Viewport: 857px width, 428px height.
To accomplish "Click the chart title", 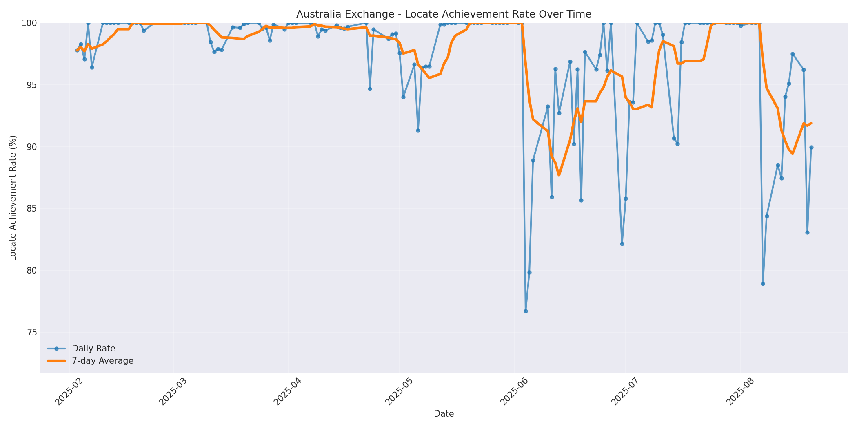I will [x=444, y=14].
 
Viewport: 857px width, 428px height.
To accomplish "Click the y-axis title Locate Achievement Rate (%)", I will [x=13, y=198].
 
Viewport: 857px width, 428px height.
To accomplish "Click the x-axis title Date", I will [x=444, y=414].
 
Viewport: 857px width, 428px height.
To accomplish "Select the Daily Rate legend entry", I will [x=93, y=349].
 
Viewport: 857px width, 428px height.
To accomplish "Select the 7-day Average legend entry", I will [x=102, y=361].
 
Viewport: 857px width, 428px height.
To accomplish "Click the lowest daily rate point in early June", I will [x=526, y=311].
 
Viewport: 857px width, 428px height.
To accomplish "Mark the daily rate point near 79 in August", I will [x=763, y=284].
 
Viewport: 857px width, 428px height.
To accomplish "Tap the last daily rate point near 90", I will [x=811, y=147].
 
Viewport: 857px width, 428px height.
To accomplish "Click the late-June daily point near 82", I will [x=622, y=244].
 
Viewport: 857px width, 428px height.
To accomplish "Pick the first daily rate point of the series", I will [x=77, y=50].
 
